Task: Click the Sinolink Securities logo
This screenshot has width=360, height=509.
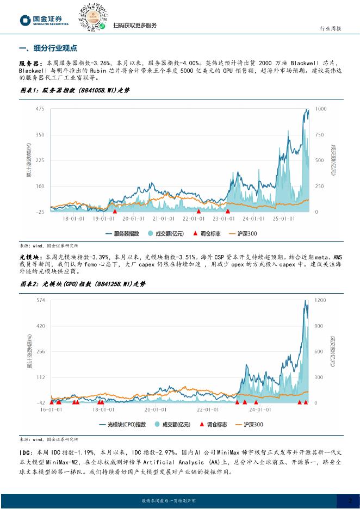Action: (x=45, y=20)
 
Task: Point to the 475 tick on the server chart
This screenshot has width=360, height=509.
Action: (x=40, y=109)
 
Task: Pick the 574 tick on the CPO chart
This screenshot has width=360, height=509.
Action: (x=40, y=300)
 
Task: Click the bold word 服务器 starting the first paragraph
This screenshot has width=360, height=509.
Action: (x=28, y=63)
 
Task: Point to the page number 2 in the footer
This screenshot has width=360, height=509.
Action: (x=351, y=500)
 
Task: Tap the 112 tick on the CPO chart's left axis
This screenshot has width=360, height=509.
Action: (x=40, y=377)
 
